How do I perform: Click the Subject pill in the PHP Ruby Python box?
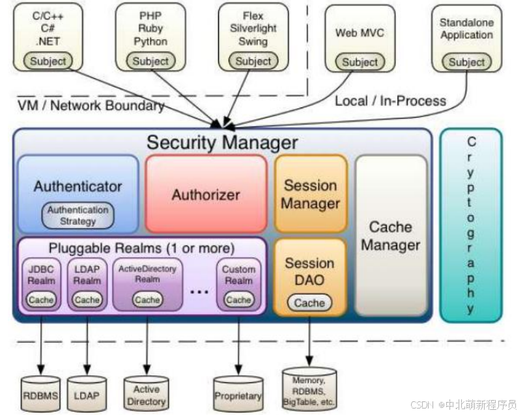(x=150, y=61)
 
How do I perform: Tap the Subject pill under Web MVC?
(x=360, y=63)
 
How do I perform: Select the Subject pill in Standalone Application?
(x=466, y=63)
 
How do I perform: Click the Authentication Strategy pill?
(x=78, y=216)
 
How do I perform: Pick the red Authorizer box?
(x=206, y=194)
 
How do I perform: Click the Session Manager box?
(x=310, y=194)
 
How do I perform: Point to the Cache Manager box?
(x=391, y=236)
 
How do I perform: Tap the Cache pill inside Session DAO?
(x=309, y=303)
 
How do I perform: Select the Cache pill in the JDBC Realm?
(x=41, y=300)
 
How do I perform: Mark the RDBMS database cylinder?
(x=40, y=394)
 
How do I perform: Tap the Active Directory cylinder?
(x=147, y=394)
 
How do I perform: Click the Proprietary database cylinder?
(x=238, y=394)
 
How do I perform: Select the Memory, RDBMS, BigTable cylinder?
(x=309, y=388)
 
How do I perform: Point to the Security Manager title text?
(x=222, y=142)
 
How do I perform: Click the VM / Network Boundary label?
(x=91, y=106)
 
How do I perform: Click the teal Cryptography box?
(x=471, y=225)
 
